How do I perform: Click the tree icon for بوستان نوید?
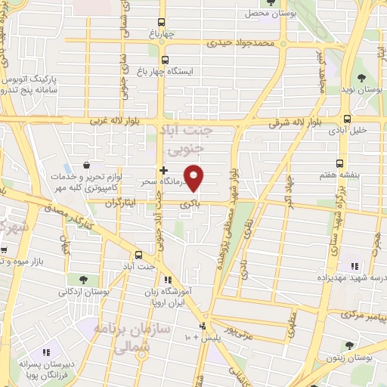[x=361, y=77]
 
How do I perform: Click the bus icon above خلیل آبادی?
[x=347, y=119]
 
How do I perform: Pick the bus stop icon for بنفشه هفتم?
[x=340, y=163]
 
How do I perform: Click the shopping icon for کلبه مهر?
[x=88, y=165]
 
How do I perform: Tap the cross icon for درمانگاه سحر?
[x=163, y=170]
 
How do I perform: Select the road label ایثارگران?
[x=117, y=204]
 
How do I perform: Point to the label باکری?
[x=188, y=204]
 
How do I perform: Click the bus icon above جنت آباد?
[x=138, y=254]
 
